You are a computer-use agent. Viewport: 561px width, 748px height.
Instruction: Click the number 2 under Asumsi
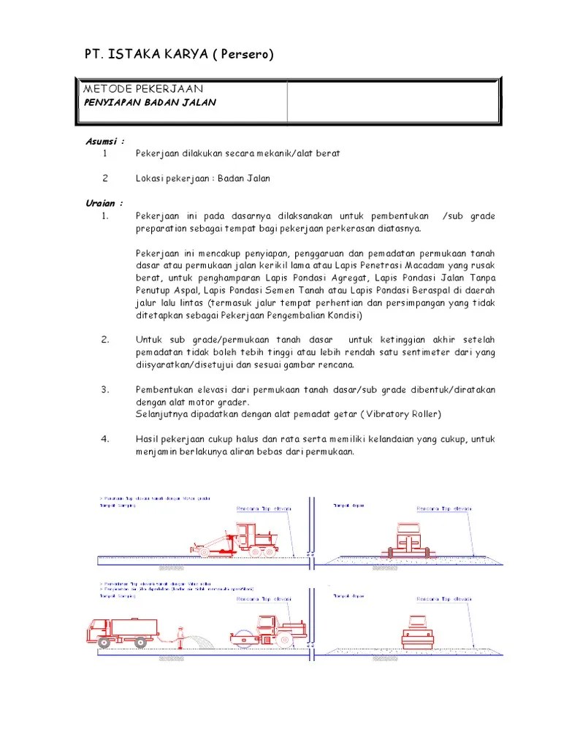point(105,178)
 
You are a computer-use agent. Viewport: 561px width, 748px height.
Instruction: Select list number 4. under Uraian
point(105,439)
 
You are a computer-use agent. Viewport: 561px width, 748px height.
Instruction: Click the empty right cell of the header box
point(392,101)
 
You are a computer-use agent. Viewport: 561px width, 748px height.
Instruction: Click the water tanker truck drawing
point(124,630)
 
